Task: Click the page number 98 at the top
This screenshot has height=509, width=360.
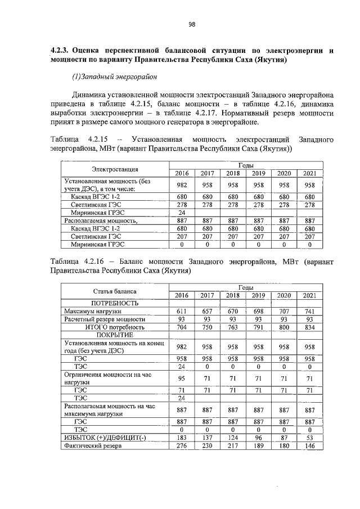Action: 191,24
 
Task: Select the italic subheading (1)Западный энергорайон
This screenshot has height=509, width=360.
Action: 112,76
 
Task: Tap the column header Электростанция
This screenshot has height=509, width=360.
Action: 115,169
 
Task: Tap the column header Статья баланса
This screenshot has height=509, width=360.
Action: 115,291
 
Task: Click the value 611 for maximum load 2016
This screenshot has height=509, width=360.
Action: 182,311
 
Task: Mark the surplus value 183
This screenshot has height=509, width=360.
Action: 182,438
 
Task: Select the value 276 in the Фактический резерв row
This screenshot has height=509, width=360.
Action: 182,446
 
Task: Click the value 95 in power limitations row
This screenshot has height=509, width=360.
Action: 182,378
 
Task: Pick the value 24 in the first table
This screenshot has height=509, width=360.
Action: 182,213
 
